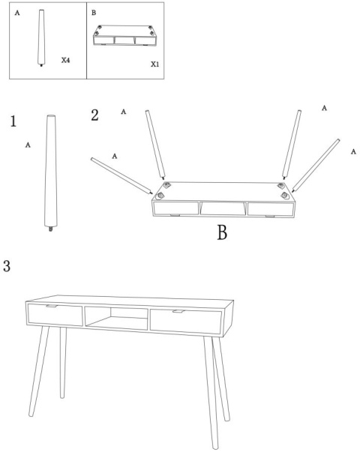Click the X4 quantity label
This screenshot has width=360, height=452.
[x=65, y=60]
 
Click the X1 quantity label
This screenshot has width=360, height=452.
[x=155, y=64]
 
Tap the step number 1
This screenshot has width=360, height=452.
[x=13, y=121]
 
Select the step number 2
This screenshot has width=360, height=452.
[x=94, y=115]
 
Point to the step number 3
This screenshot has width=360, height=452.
[x=7, y=266]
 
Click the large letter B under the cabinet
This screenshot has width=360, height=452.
[x=222, y=232]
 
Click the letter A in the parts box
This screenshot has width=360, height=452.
[x=17, y=13]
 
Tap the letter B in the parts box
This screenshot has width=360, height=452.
[x=94, y=13]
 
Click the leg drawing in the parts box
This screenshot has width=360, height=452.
[x=42, y=37]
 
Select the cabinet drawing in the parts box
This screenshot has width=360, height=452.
[x=125, y=35]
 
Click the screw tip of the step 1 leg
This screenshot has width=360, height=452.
[x=51, y=229]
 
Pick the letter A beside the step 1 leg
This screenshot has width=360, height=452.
[x=28, y=145]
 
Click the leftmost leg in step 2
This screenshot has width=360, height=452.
[x=121, y=175]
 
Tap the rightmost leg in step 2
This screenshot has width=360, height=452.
[x=316, y=166]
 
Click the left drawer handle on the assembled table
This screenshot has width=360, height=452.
[x=52, y=306]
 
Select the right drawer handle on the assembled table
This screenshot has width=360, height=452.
[x=178, y=311]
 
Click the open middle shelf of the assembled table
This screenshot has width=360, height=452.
[x=116, y=319]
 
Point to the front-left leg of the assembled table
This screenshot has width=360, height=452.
[x=39, y=371]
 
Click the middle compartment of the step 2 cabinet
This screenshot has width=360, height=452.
[x=223, y=208]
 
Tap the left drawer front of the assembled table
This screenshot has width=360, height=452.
[x=55, y=315]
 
